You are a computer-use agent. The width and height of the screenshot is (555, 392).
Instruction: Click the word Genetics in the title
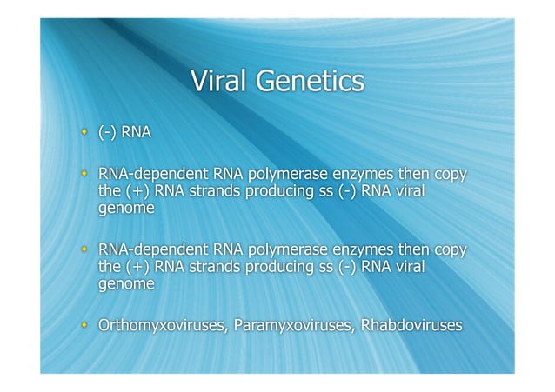308,82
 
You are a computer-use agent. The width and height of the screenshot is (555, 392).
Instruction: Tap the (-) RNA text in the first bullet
125,133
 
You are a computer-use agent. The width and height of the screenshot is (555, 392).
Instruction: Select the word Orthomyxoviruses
158,327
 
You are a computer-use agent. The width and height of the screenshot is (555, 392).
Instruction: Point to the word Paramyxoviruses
284,327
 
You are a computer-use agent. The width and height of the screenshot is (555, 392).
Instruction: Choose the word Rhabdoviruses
407,327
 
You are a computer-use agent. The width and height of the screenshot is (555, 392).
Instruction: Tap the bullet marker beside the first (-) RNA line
84,132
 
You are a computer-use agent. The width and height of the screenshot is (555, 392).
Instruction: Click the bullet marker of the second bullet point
84,174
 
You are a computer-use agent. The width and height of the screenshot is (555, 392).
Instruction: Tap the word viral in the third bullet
407,268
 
